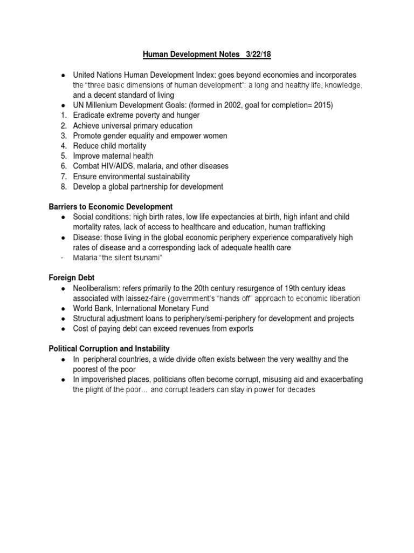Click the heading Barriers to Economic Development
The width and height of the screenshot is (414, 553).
(111, 206)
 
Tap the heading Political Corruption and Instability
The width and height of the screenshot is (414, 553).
(109, 349)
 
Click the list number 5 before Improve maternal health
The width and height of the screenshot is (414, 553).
(63, 156)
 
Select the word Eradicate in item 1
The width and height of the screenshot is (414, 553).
(90, 116)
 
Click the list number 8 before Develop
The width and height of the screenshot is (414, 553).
(63, 186)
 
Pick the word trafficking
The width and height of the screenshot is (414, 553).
(307, 227)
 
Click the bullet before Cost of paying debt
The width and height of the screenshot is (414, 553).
(63, 328)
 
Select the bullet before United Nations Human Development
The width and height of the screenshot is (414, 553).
(63, 75)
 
